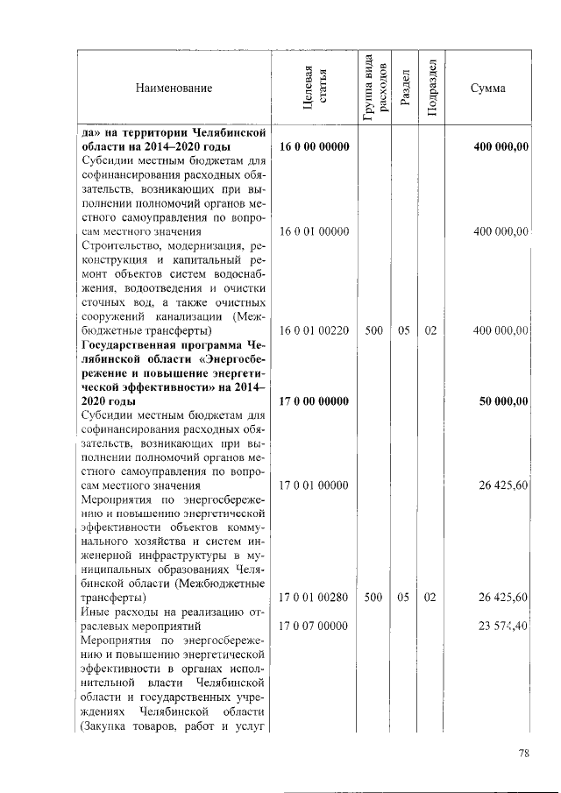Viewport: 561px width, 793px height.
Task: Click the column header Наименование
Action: coord(174,89)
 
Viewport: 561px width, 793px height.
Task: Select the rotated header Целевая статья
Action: coord(315,89)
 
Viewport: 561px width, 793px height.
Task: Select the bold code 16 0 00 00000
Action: coord(315,148)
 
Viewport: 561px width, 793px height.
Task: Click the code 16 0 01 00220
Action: coord(315,330)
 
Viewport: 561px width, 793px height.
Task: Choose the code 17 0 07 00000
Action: coord(315,626)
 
